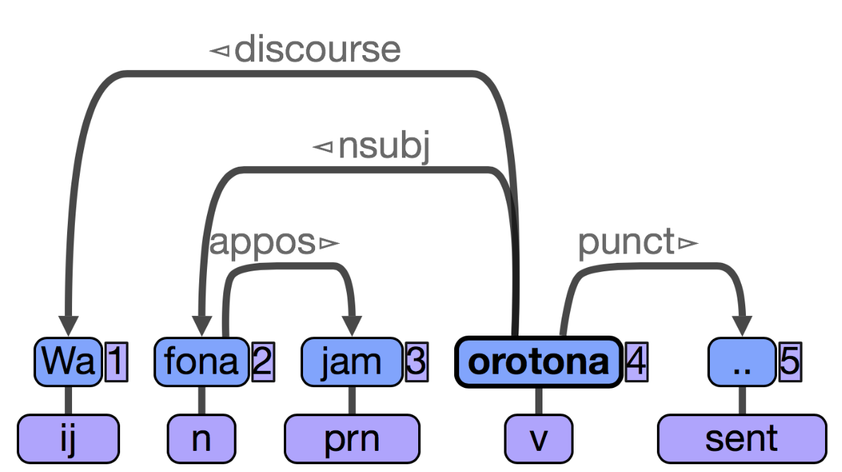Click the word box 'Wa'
[x=68, y=361]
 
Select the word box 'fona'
[x=201, y=361]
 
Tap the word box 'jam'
[x=352, y=361]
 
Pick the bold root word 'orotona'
[x=538, y=361]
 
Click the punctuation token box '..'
[x=742, y=361]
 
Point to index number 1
[x=116, y=361]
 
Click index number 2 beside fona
[x=263, y=361]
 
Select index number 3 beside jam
[x=417, y=361]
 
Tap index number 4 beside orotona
[x=636, y=361]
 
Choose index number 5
[x=790, y=361]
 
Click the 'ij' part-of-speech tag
[x=69, y=439]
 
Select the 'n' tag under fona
[x=201, y=439]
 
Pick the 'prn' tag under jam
[x=352, y=439]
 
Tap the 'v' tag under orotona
[x=538, y=439]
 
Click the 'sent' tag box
[x=742, y=439]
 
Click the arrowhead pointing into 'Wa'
[x=69, y=326]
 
